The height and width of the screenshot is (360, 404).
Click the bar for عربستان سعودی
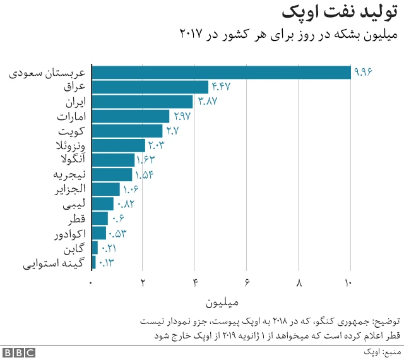tap(221, 73)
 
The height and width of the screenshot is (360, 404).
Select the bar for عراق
tap(150, 87)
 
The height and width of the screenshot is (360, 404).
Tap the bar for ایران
tap(143, 102)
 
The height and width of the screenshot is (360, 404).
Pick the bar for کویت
tap(128, 131)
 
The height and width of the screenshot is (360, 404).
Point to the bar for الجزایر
tap(106, 189)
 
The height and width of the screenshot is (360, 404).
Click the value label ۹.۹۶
tap(364, 73)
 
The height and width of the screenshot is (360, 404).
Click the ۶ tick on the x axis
tap(247, 282)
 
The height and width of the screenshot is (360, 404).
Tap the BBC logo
tap(19, 352)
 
